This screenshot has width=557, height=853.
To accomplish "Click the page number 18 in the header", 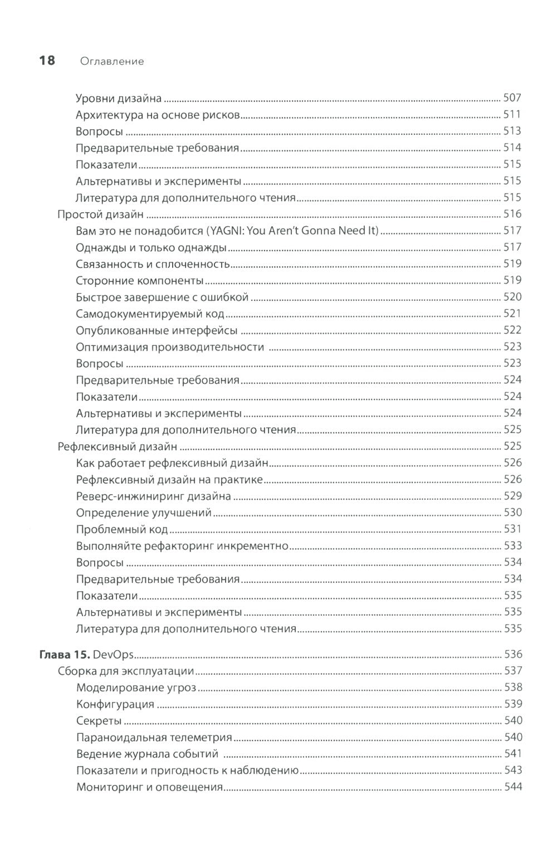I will click(x=47, y=61).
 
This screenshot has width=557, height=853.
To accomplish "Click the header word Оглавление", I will click(x=112, y=61).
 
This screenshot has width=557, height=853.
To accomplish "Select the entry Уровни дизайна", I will click(x=118, y=99).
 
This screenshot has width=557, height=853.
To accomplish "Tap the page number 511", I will click(x=512, y=115).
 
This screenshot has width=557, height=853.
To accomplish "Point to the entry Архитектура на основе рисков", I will click(x=158, y=115).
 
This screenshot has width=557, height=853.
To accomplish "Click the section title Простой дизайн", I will click(x=101, y=215).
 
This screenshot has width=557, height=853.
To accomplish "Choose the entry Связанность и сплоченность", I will click(x=153, y=264).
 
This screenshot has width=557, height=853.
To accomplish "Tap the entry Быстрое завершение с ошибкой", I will click(x=162, y=297).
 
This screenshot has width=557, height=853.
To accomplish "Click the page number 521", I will click(x=512, y=314).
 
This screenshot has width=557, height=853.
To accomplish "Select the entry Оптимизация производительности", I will click(x=170, y=347).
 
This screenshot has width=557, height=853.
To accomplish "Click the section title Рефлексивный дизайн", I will click(x=118, y=446).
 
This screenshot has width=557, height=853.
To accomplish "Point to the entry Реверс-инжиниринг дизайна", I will click(x=153, y=496).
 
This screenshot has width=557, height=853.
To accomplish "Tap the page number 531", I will click(x=512, y=529).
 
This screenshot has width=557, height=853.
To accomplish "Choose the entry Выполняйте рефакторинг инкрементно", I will click(x=182, y=546).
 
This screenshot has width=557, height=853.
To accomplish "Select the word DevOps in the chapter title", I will click(x=105, y=655).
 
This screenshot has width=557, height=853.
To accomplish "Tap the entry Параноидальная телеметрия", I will click(x=154, y=738).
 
